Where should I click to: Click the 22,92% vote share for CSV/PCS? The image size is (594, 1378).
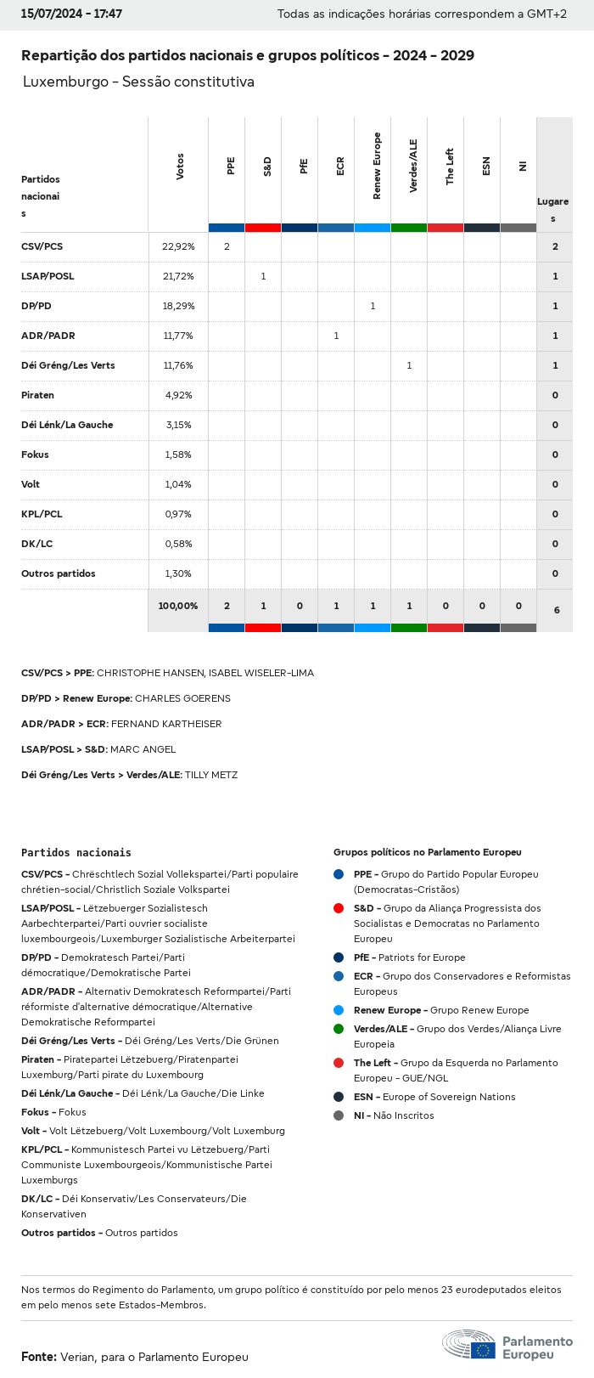(x=178, y=246)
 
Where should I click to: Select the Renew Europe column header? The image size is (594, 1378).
(x=377, y=167)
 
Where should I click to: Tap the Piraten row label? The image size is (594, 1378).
(x=37, y=395)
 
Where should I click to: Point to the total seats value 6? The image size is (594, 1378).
(x=557, y=610)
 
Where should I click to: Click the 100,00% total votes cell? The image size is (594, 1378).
(x=178, y=606)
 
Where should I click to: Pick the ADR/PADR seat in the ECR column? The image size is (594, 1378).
(x=336, y=336)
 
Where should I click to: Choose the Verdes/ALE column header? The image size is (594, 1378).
(x=413, y=167)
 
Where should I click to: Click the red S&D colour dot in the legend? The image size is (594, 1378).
(x=339, y=908)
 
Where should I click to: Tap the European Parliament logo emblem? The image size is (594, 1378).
(x=468, y=1345)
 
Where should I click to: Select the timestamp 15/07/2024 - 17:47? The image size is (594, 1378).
(x=71, y=14)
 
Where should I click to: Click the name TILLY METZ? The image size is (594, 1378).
(x=211, y=775)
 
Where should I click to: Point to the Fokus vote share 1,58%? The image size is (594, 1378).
(x=178, y=455)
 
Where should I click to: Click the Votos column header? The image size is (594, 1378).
(x=180, y=167)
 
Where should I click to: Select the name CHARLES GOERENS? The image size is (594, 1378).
(x=182, y=698)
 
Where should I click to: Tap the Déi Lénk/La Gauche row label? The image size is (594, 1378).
(x=67, y=425)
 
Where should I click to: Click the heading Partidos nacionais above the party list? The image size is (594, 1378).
(x=76, y=852)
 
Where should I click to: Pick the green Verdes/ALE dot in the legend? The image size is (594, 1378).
(x=339, y=1029)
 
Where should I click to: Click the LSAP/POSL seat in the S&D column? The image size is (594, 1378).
(x=263, y=276)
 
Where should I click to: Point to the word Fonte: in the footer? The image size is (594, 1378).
(x=39, y=1357)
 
